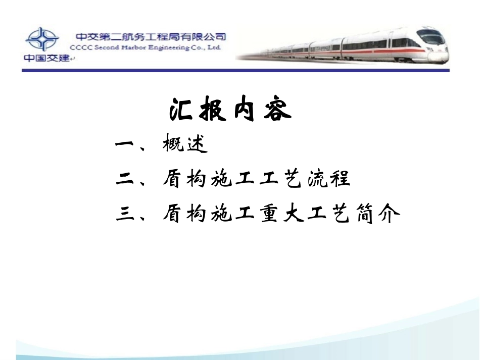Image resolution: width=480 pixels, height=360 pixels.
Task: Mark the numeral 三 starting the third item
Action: [x=124, y=215]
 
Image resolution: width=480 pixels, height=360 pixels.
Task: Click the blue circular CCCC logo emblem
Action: [x=42, y=39]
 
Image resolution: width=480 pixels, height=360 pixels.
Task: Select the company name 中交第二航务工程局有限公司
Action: [x=151, y=37]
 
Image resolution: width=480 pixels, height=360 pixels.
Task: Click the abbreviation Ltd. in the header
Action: [x=214, y=47]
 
